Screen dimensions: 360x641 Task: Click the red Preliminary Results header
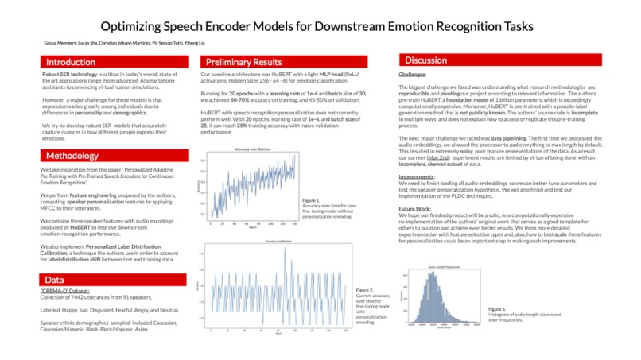(243, 62)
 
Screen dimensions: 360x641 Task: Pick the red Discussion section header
(425, 61)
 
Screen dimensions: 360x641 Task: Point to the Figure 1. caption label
(311, 200)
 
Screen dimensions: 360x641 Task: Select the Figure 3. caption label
(497, 308)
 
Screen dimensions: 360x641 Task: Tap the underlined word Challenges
(412, 74)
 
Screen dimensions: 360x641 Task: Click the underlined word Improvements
(417, 176)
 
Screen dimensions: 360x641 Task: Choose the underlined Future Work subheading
(414, 207)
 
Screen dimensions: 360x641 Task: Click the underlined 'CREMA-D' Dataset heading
(68, 292)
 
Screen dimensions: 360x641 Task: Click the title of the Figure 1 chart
(249, 149)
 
